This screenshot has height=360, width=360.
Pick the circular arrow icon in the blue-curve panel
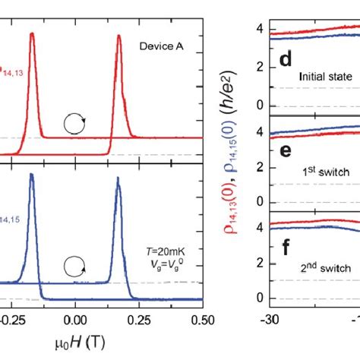tap(74, 266)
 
